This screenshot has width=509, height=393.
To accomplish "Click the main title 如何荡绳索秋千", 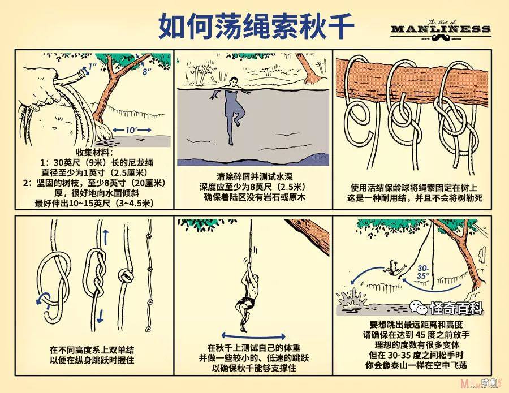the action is click(256, 26).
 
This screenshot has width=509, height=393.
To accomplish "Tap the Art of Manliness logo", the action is click(440, 31).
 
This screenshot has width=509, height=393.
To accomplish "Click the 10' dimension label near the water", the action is click(132, 130).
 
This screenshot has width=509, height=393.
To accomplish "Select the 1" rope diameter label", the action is click(92, 67).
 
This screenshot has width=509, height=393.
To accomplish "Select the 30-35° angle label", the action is click(423, 272).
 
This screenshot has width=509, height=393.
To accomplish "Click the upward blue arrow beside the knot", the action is click(106, 237).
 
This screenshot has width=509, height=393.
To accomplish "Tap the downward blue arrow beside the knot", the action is click(101, 316).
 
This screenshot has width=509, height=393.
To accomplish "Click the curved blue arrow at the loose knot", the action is click(42, 298).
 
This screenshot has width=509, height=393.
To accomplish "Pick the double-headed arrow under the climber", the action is click(253, 336).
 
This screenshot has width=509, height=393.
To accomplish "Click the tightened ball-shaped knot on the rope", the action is click(126, 276).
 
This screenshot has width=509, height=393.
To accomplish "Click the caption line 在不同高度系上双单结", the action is click(92, 350).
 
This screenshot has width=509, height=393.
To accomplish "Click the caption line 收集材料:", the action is click(94, 152).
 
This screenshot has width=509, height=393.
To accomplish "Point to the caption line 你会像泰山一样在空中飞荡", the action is click(416, 365).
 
